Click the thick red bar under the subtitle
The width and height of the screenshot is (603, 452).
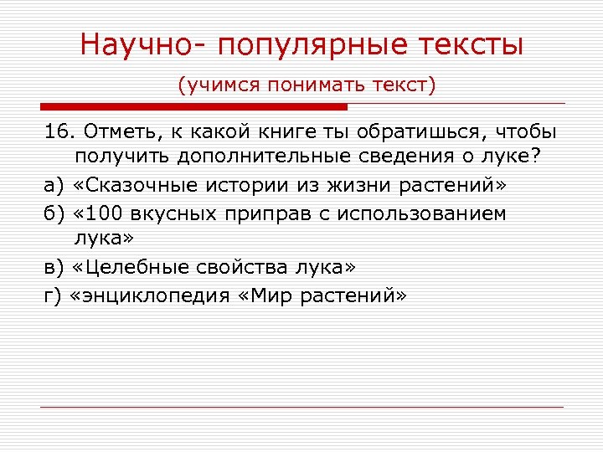pos(193,106)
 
